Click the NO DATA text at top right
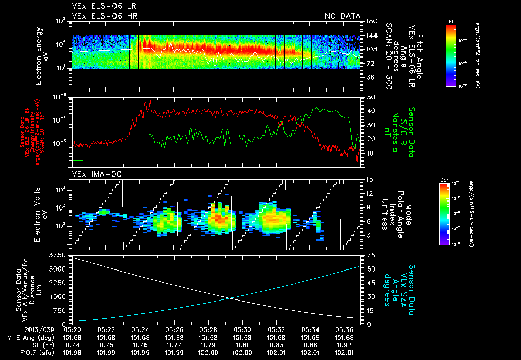(342, 16)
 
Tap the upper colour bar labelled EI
(451, 55)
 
